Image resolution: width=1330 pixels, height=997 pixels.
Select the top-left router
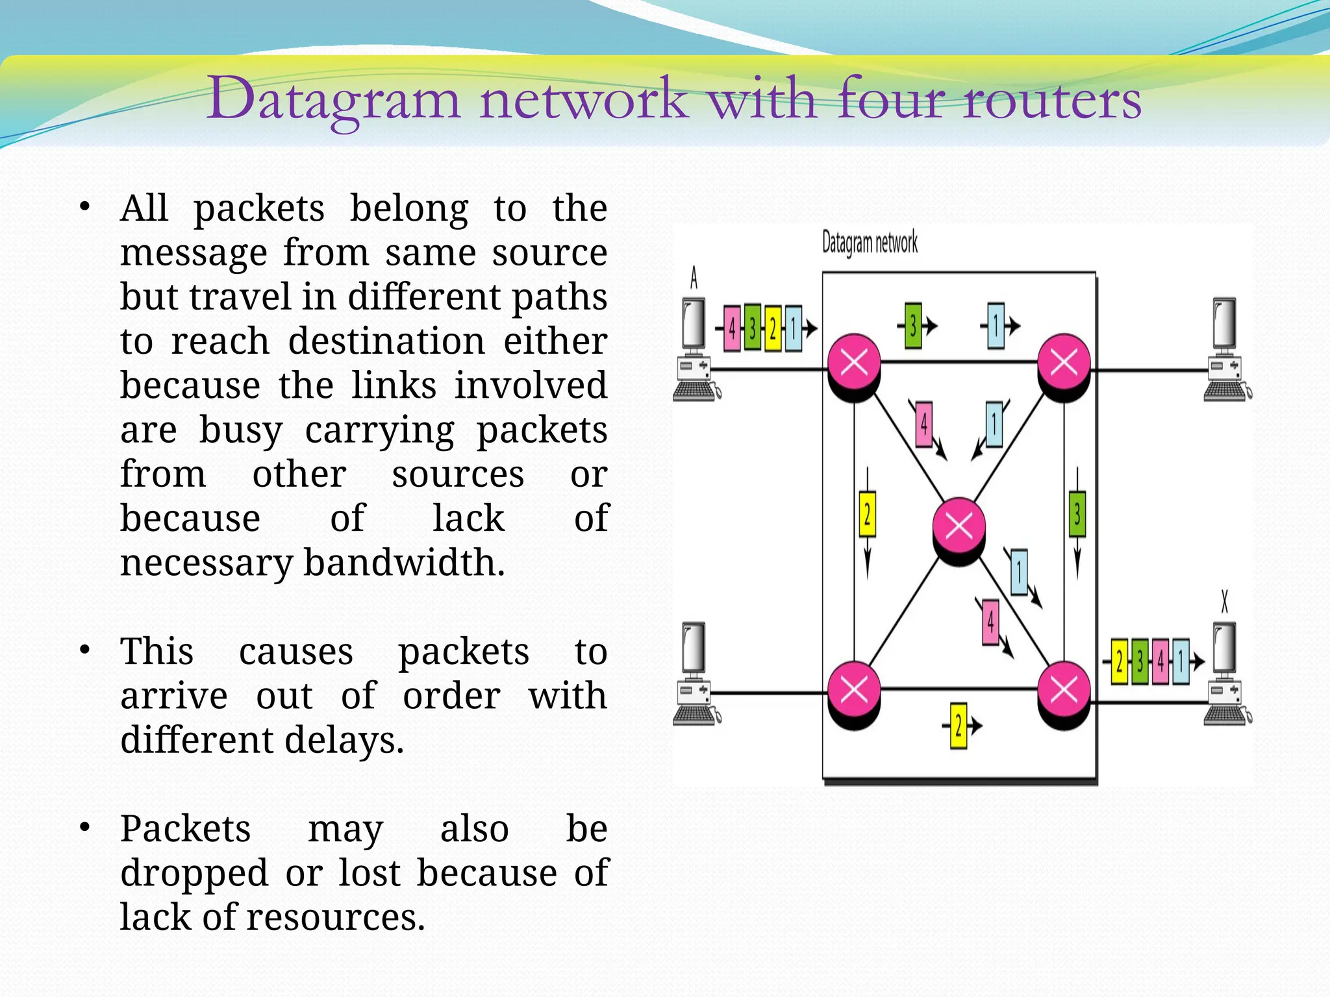854,363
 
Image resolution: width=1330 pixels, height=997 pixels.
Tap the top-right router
1064,363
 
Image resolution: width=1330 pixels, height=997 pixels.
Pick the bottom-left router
854,691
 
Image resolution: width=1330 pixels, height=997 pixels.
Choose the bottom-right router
1064,691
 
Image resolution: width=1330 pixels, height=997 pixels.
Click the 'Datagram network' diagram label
870,243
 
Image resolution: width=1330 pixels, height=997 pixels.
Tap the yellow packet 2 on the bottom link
959,726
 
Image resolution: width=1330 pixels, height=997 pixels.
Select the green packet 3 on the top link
913,325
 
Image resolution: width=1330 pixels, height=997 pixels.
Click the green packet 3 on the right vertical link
1077,514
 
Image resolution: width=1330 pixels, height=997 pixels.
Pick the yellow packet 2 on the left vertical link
867,514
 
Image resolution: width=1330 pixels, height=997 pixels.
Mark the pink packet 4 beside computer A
732,328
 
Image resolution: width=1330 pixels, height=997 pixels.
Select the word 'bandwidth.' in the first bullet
404,562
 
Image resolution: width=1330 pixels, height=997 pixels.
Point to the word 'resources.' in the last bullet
336,917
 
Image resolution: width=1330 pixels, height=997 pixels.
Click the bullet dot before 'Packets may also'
84,828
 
